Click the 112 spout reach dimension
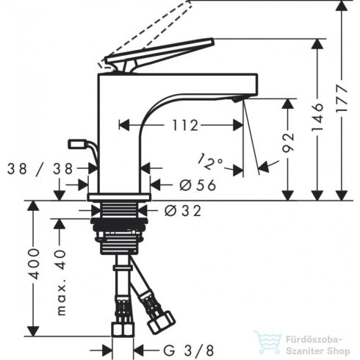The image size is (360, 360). (x=184, y=126)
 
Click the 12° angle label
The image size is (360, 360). (x=210, y=158)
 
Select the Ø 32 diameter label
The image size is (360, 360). (x=183, y=210)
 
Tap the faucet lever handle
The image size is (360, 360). (x=162, y=52)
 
